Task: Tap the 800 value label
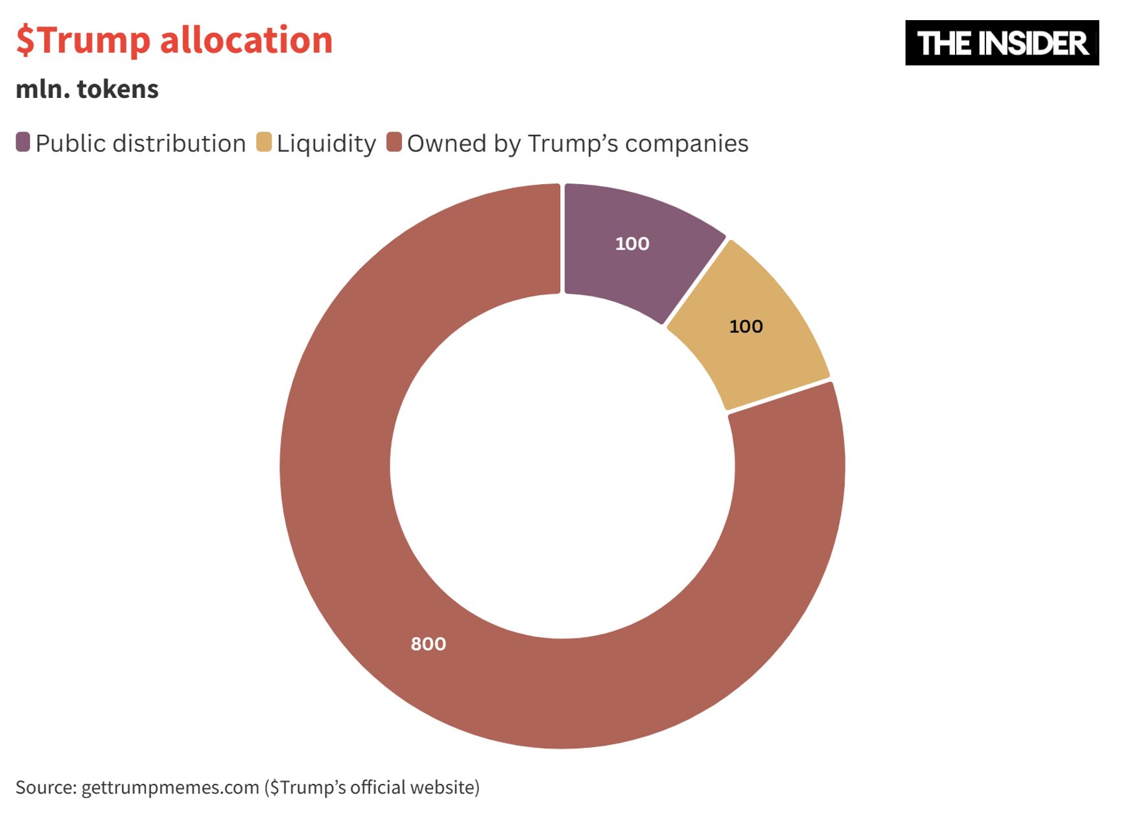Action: pos(428,644)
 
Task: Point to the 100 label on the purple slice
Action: pos(632,244)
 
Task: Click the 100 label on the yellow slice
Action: pos(746,326)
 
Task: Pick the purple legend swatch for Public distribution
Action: pos(23,142)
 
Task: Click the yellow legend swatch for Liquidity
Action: pos(264,142)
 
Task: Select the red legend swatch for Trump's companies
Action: pos(394,142)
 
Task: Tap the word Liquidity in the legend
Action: pos(326,143)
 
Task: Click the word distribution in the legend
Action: pos(179,143)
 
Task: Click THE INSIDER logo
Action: pos(1002,43)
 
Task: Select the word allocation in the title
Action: pos(246,40)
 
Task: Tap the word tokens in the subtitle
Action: pos(118,89)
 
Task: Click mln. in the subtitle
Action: pos(43,89)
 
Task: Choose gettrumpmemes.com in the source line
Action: pos(170,787)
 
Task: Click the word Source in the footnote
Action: pos(45,787)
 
